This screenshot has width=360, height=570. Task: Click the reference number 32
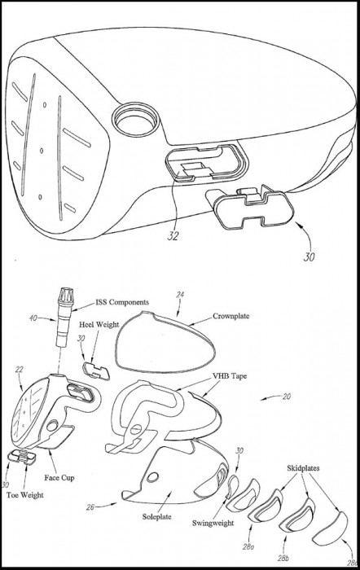pos(173,235)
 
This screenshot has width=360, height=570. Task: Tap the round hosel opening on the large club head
pos(136,121)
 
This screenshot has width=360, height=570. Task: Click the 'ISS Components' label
pos(122,302)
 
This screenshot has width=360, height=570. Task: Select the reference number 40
pos(33,318)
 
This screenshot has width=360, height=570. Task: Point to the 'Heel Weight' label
pos(99,324)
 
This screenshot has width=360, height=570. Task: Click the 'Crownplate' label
pos(231,316)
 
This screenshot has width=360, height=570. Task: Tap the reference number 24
pos(180,295)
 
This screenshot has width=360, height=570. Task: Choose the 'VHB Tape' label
pos(230,376)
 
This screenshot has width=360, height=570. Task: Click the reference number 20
pos(287,397)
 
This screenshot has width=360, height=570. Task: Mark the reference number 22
pos(19,370)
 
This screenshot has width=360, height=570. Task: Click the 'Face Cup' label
pos(59,478)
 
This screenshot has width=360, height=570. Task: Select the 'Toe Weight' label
pos(24,495)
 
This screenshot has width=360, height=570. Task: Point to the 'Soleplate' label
pos(156,516)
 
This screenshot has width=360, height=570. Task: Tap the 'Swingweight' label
pos(213,523)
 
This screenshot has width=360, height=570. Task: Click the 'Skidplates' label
pos(303,468)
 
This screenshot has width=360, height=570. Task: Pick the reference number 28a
pos(248,546)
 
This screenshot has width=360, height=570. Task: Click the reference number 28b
pos(284,558)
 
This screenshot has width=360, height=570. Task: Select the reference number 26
pos(90,506)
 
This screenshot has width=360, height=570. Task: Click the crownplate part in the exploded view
pos(165,342)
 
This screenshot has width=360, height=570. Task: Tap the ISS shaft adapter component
pos(64,316)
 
